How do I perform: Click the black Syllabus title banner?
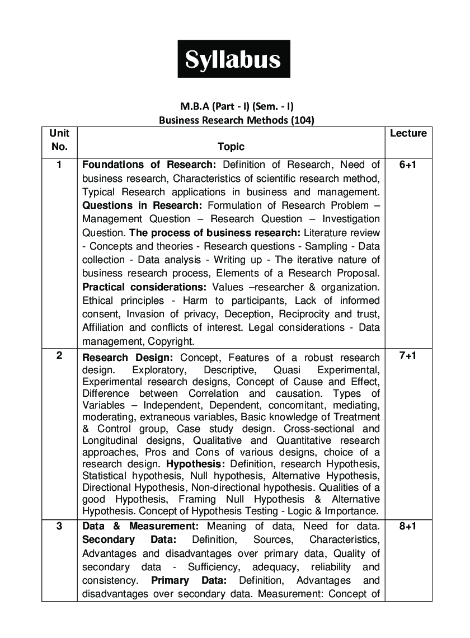click(233, 59)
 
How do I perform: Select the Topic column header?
click(231, 147)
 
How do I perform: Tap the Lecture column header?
click(408, 133)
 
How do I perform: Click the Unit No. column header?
click(59, 140)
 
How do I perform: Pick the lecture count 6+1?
click(408, 165)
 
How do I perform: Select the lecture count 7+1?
click(408, 356)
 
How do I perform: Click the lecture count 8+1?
click(408, 527)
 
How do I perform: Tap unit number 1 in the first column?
click(59, 165)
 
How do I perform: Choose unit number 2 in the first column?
click(59, 356)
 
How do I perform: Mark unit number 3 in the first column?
click(59, 526)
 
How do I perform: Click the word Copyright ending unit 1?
click(172, 341)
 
